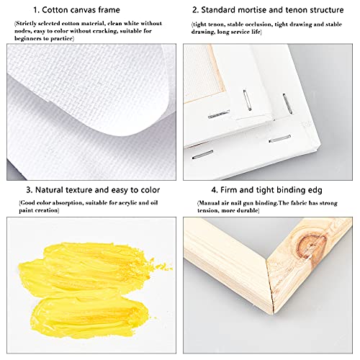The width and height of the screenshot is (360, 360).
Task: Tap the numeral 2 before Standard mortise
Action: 195,11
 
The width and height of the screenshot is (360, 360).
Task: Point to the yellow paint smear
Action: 79,280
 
